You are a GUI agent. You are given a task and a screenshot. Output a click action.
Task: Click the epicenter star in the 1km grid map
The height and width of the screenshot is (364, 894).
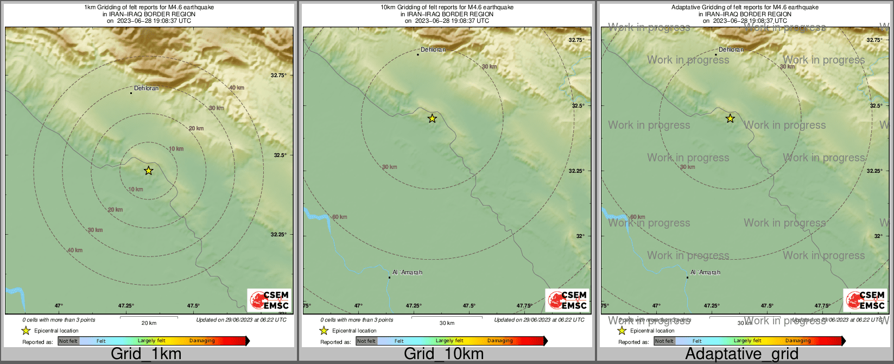pos(148,171)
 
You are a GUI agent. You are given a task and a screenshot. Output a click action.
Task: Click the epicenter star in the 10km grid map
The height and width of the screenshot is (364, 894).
pos(432,118)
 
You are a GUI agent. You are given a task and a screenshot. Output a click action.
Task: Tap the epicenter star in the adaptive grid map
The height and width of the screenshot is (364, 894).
pos(730,118)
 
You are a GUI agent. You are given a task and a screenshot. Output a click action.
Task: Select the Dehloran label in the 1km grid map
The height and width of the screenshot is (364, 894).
pos(147,88)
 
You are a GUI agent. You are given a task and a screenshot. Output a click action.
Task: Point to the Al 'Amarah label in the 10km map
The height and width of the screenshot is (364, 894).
pos(407,272)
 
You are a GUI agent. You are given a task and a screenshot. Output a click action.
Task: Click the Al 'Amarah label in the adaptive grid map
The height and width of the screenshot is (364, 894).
pos(705,272)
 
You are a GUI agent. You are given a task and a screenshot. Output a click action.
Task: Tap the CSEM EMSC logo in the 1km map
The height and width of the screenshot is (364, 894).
pos(269,300)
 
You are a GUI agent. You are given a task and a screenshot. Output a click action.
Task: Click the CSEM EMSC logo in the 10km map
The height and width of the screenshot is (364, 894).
pos(567,300)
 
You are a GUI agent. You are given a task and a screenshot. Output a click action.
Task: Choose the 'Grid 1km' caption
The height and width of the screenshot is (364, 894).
pos(146,354)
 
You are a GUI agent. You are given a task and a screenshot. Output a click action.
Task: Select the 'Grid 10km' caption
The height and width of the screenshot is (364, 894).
pos(443,354)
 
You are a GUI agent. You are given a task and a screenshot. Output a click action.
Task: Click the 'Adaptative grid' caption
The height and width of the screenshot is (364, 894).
pos(741,354)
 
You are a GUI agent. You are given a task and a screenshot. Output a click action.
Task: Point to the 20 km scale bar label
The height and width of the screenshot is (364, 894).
pos(149,323)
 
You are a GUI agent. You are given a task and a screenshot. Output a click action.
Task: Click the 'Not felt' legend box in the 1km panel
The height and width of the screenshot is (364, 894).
pos(68,341)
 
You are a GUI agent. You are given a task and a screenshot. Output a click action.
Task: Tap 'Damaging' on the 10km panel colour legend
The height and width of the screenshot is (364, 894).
pos(500,341)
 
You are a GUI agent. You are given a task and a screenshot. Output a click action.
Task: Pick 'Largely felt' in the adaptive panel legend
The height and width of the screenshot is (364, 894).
pos(747,341)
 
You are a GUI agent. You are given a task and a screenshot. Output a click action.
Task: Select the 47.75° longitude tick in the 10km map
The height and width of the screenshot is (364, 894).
pos(525,306)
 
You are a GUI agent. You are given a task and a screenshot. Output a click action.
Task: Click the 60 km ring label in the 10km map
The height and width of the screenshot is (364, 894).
pos(339,217)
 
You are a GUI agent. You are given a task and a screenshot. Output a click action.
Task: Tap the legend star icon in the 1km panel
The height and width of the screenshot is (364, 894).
pos(26,330)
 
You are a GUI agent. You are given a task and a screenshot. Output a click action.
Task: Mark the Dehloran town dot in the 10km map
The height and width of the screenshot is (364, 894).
pos(418,54)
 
